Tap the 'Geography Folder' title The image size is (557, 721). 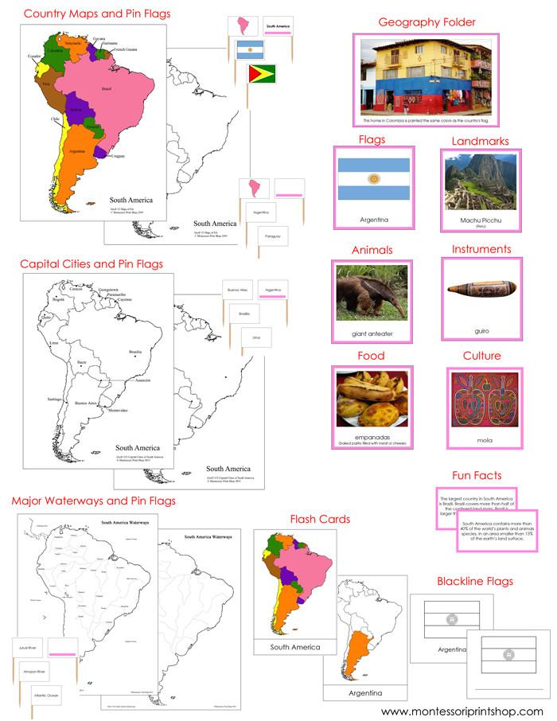[x=427, y=22]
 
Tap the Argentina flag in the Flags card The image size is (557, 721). [x=372, y=179]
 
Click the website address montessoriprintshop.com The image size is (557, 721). [x=462, y=711]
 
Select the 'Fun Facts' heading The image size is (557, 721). [x=477, y=476]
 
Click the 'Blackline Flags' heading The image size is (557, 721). [x=475, y=581]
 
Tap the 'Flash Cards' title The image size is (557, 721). [x=320, y=520]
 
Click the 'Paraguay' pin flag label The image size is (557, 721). [x=272, y=236]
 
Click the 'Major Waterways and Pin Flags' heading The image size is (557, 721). [x=94, y=501]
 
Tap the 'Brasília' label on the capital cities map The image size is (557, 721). [x=134, y=351]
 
